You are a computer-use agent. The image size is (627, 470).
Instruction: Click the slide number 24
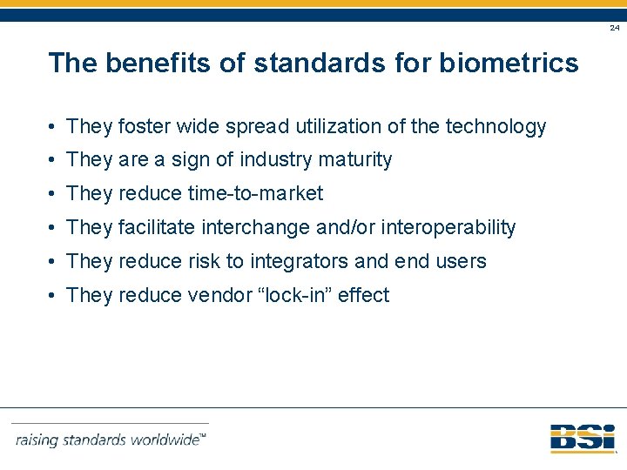pos(615,28)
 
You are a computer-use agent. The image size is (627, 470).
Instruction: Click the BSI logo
pos(582,439)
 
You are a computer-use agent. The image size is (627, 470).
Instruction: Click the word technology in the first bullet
pos(496,127)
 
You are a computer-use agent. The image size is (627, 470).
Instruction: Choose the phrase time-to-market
pos(255,194)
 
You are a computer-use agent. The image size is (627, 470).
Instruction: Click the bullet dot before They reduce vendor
pos(54,296)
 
